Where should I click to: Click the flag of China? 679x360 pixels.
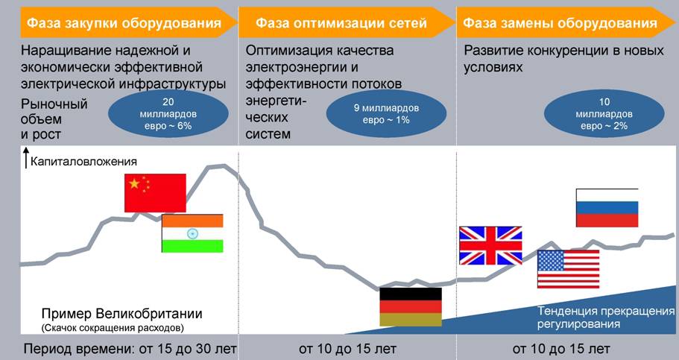[154, 193]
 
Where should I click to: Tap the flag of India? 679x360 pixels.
[192, 233]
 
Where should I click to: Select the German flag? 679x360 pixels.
[410, 306]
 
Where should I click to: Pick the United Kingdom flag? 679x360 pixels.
[490, 246]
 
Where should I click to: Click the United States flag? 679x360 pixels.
[568, 269]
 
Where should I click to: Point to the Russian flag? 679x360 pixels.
[607, 208]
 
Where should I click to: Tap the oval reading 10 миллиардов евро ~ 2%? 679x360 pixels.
[604, 114]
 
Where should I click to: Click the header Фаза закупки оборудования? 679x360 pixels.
[124, 23]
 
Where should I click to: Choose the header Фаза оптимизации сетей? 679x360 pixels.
[341, 23]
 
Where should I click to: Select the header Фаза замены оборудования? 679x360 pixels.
[560, 23]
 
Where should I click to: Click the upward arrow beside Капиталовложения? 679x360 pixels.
[26, 158]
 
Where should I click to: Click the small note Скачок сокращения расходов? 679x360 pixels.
[112, 327]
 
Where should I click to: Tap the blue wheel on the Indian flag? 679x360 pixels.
[192, 233]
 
